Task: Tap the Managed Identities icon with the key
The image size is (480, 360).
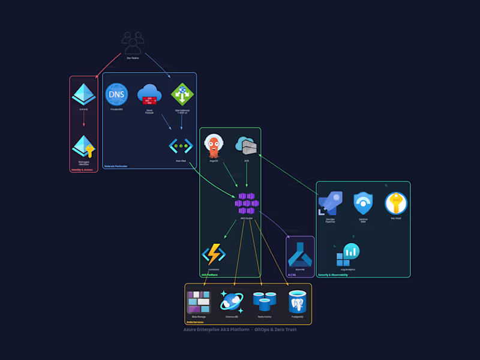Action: coord(83,147)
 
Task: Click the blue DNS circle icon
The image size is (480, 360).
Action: coord(116,94)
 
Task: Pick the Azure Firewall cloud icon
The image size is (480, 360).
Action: coord(149,94)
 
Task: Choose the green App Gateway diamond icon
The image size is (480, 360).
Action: coord(182,94)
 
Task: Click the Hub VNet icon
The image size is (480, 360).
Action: coord(181,146)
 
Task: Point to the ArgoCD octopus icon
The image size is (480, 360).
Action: coord(214,146)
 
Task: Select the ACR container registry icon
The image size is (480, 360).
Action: coord(246,145)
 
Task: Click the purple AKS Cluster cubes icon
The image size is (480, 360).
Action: coord(247,203)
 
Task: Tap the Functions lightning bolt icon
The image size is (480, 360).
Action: coord(214,254)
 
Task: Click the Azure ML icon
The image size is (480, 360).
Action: coord(300,254)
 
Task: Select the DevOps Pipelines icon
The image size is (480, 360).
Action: coord(330,204)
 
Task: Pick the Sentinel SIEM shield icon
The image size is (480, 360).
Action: coord(363,204)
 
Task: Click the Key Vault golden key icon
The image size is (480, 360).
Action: coord(396,204)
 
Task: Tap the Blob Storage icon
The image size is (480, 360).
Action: coord(199,302)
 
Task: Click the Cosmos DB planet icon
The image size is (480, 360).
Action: coord(232,302)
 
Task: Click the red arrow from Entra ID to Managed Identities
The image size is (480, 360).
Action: coord(83,120)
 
